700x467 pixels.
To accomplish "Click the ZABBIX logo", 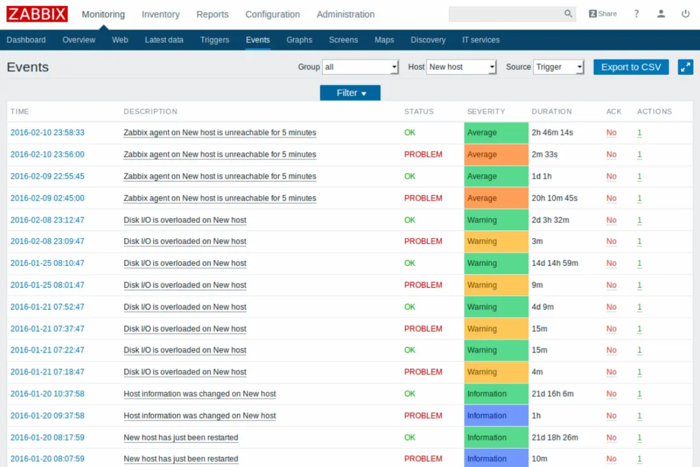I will (x=37, y=14).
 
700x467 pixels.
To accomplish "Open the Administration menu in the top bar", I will (x=345, y=15).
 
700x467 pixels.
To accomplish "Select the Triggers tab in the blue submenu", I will (x=214, y=40).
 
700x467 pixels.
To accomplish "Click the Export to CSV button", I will (x=630, y=67).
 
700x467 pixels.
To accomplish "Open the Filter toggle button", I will (x=350, y=93).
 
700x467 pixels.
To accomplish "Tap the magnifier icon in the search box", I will (x=568, y=14).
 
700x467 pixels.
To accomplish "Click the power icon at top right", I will (x=685, y=14).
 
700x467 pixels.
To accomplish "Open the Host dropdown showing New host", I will (x=461, y=67).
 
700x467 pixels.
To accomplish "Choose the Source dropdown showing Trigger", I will (x=559, y=67).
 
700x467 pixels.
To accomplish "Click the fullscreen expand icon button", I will (x=685, y=67).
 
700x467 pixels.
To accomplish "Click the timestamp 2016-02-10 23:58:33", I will (x=47, y=132).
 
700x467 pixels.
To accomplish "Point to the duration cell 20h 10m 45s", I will (x=554, y=198).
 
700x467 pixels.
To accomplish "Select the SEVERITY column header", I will (x=486, y=112).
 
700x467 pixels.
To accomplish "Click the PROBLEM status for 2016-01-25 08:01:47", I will (x=423, y=285).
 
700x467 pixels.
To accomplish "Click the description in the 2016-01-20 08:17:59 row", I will (x=181, y=438).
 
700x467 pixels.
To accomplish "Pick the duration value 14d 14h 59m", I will (x=554, y=263).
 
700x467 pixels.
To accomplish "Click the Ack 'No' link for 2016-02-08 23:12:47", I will (x=611, y=220).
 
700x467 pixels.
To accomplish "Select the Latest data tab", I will (x=164, y=40).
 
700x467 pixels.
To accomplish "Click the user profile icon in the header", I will (x=661, y=14).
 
